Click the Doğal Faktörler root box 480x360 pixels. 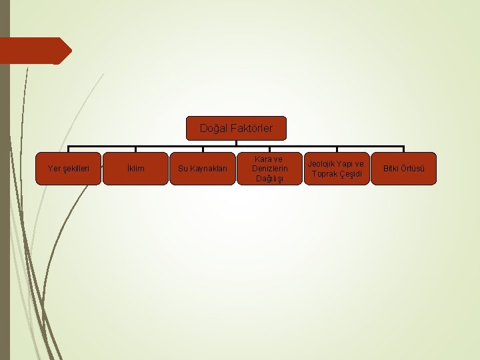(x=236, y=128)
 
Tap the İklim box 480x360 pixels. (x=135, y=169)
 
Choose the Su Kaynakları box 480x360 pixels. (x=203, y=169)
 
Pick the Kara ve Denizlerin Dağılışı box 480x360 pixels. (x=269, y=169)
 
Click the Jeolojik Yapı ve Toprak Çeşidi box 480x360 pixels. (x=337, y=169)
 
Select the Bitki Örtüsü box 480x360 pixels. (x=404, y=169)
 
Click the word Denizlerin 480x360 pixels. (x=269, y=169)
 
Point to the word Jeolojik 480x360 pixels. (x=322, y=164)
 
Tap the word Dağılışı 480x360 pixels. (x=269, y=179)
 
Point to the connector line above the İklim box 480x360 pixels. (x=135, y=149)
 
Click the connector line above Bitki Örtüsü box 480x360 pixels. (x=404, y=149)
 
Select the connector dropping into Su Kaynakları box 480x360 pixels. (x=203, y=149)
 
